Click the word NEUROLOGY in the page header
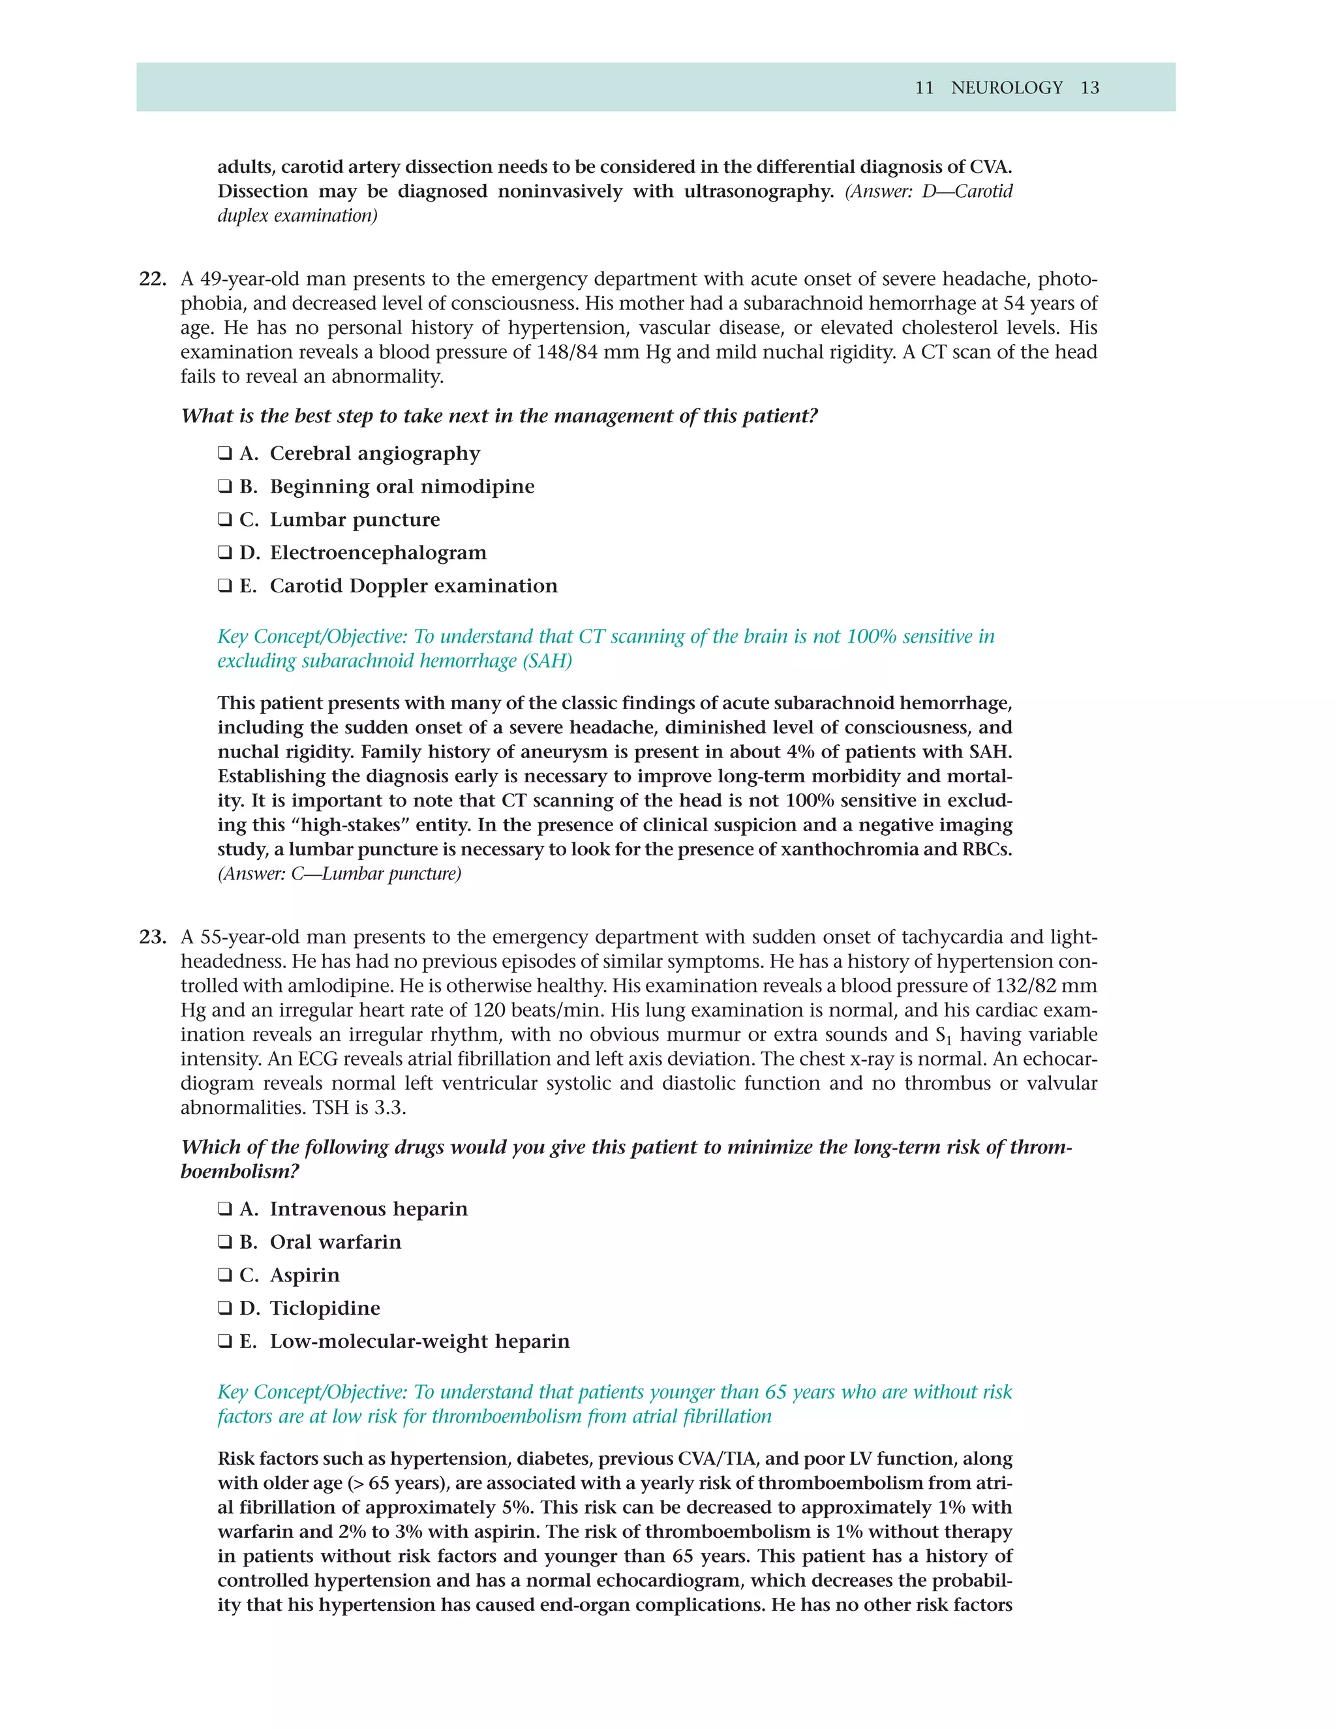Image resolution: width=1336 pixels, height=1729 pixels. coord(1006,88)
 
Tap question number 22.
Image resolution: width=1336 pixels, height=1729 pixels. coord(153,279)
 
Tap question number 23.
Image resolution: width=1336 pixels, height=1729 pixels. coord(153,938)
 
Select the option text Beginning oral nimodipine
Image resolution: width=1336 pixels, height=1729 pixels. coord(401,487)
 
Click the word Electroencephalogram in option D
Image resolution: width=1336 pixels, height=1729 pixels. coord(378,553)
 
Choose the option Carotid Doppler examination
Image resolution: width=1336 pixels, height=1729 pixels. coord(413,587)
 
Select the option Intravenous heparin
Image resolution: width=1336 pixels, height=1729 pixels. coord(368,1209)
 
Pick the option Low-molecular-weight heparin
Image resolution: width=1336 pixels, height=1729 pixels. coord(419,1342)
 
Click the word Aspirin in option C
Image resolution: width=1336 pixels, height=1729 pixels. coord(305,1276)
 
